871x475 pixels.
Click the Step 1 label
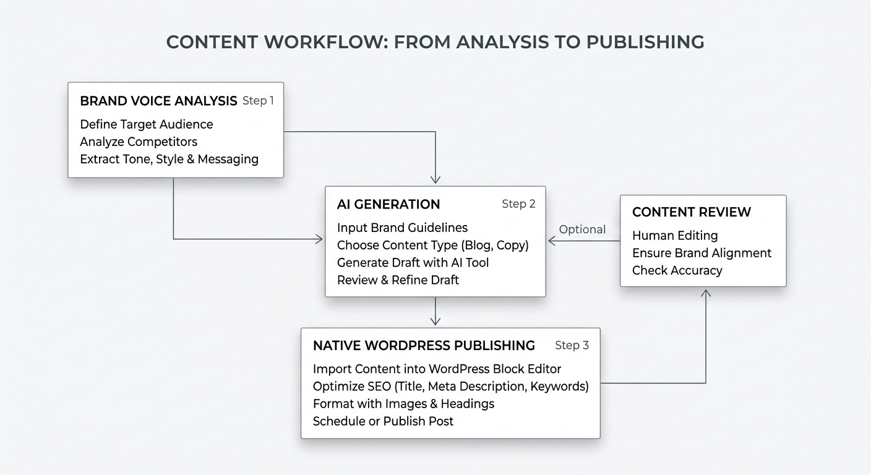click(x=258, y=101)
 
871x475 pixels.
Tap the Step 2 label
click(x=518, y=204)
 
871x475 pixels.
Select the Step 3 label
click(x=572, y=345)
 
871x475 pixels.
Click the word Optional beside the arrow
click(x=582, y=229)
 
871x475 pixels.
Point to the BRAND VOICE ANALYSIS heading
click(x=158, y=101)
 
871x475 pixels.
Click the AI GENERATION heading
click(x=388, y=204)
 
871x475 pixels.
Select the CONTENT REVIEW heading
click(x=691, y=212)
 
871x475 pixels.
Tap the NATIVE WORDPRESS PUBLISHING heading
click(x=424, y=345)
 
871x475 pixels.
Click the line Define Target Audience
click(x=147, y=124)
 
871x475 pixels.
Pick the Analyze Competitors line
click(x=139, y=142)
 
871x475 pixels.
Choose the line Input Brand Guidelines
click(x=402, y=228)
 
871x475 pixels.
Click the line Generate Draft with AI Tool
click(x=413, y=262)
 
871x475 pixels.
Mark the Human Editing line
click(x=675, y=236)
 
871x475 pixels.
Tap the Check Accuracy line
click(x=677, y=270)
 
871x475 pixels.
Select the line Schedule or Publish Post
click(x=383, y=421)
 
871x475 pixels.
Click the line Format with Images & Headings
click(x=403, y=404)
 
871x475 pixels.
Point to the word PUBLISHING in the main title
click(x=645, y=42)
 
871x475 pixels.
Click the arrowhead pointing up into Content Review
click(x=706, y=292)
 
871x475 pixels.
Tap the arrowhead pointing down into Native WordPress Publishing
click(x=435, y=321)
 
